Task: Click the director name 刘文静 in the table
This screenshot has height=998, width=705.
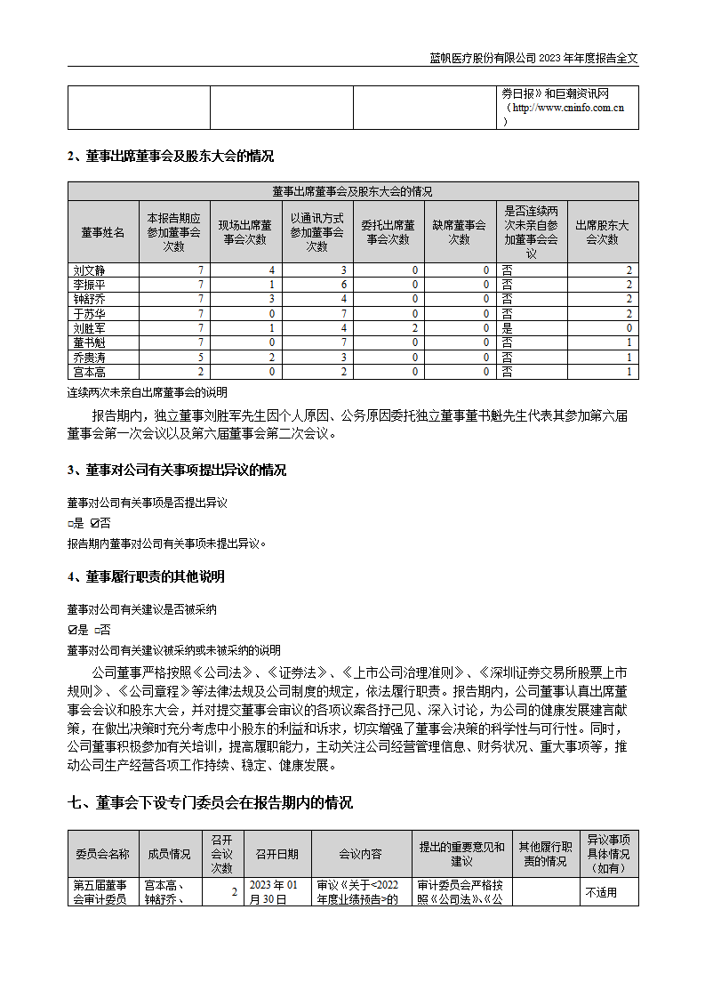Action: click(88, 270)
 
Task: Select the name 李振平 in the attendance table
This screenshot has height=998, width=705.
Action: click(88, 284)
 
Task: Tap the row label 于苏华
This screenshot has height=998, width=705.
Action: click(88, 313)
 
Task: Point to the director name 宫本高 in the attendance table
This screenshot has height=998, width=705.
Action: click(88, 371)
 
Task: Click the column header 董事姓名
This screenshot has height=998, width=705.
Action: click(103, 232)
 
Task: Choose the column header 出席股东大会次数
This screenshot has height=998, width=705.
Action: click(602, 232)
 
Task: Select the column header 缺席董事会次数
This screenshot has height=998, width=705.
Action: click(459, 232)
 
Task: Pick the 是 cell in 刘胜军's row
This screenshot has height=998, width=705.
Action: click(507, 327)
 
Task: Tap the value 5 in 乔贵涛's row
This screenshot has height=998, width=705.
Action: click(202, 357)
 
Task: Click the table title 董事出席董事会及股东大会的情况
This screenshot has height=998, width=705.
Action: click(352, 191)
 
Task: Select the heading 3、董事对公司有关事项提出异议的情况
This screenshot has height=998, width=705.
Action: click(177, 471)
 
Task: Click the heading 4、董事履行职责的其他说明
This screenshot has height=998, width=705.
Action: click(146, 576)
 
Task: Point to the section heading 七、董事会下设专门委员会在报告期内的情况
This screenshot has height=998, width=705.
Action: click(210, 802)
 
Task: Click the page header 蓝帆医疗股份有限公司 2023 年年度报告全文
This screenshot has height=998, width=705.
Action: click(533, 58)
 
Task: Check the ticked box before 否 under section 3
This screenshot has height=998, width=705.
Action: click(94, 523)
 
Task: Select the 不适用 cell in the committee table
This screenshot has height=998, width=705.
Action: click(601, 892)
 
